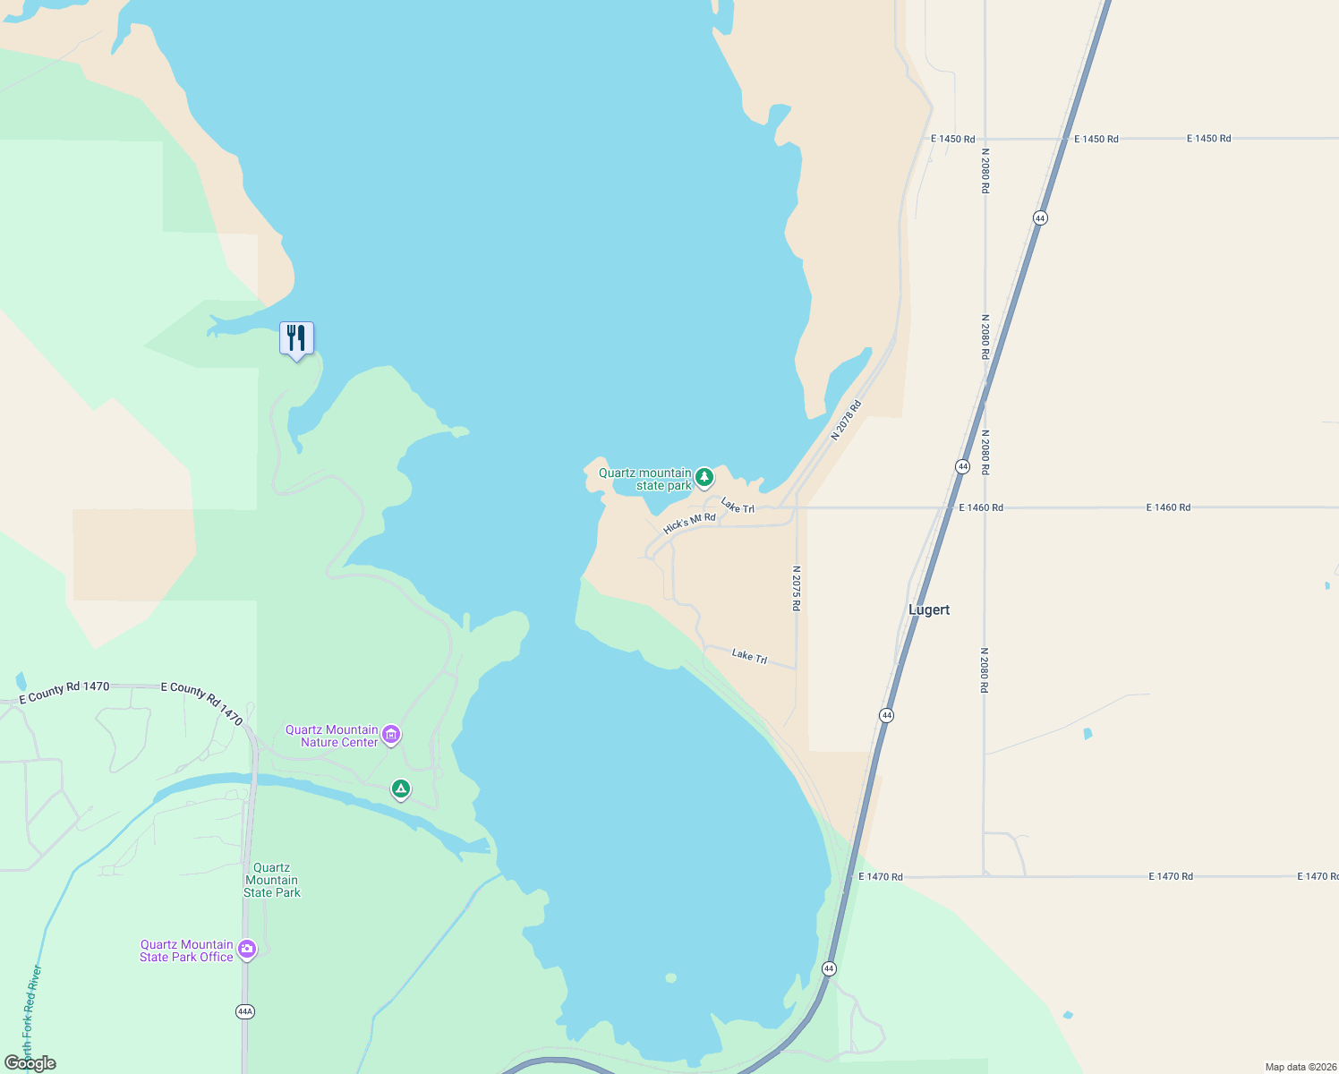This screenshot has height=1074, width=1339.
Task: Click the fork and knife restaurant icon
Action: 296,338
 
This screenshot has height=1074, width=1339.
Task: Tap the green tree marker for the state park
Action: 704,477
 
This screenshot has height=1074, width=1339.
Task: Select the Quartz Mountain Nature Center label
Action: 331,736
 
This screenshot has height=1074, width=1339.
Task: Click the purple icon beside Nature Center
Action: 391,735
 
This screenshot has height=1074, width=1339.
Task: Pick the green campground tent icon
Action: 401,788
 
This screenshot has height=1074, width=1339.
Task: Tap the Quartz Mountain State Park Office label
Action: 186,950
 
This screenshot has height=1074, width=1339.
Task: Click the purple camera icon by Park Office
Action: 247,950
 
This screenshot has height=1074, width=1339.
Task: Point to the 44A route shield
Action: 245,1011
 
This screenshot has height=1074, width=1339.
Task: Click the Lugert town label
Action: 929,609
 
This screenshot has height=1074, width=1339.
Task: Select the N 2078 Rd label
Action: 846,420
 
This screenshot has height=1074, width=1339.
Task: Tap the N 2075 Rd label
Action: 796,588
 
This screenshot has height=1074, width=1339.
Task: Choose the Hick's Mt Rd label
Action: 689,524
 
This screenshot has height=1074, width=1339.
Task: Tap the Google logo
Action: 30,1063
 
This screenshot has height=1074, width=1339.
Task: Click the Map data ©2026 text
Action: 1300,1067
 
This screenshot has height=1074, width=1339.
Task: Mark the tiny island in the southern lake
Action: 670,977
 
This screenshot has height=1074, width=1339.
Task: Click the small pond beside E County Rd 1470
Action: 21,682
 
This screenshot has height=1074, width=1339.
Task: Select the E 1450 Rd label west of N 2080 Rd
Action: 952,139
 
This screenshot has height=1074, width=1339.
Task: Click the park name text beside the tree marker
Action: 645,479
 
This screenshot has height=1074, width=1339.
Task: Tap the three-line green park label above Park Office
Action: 272,880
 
